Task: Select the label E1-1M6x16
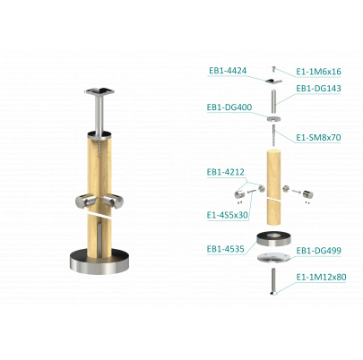318,72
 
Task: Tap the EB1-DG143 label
318,89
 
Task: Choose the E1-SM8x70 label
318,138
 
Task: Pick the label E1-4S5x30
227,215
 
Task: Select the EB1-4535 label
226,249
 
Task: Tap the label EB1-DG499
318,251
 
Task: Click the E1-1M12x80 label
321,277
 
